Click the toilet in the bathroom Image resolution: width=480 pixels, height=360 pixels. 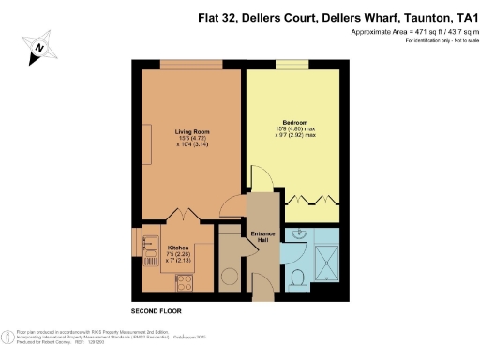(297, 276)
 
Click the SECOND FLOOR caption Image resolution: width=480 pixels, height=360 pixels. (156, 309)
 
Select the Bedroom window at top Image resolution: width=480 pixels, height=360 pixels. (292, 65)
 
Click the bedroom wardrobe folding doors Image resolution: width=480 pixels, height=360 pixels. (309, 200)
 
